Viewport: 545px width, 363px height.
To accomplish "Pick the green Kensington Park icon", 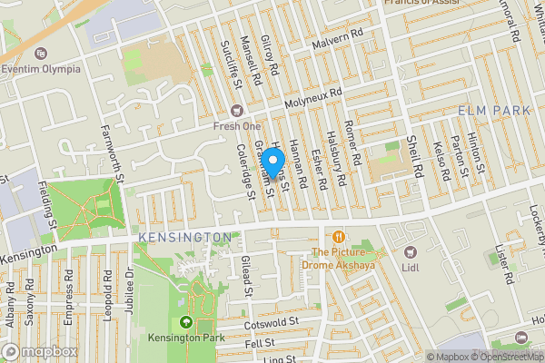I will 187,322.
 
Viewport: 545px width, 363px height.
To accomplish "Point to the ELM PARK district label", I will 493,110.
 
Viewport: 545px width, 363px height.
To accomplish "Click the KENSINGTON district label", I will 185,237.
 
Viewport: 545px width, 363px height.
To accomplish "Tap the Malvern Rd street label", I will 335,44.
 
